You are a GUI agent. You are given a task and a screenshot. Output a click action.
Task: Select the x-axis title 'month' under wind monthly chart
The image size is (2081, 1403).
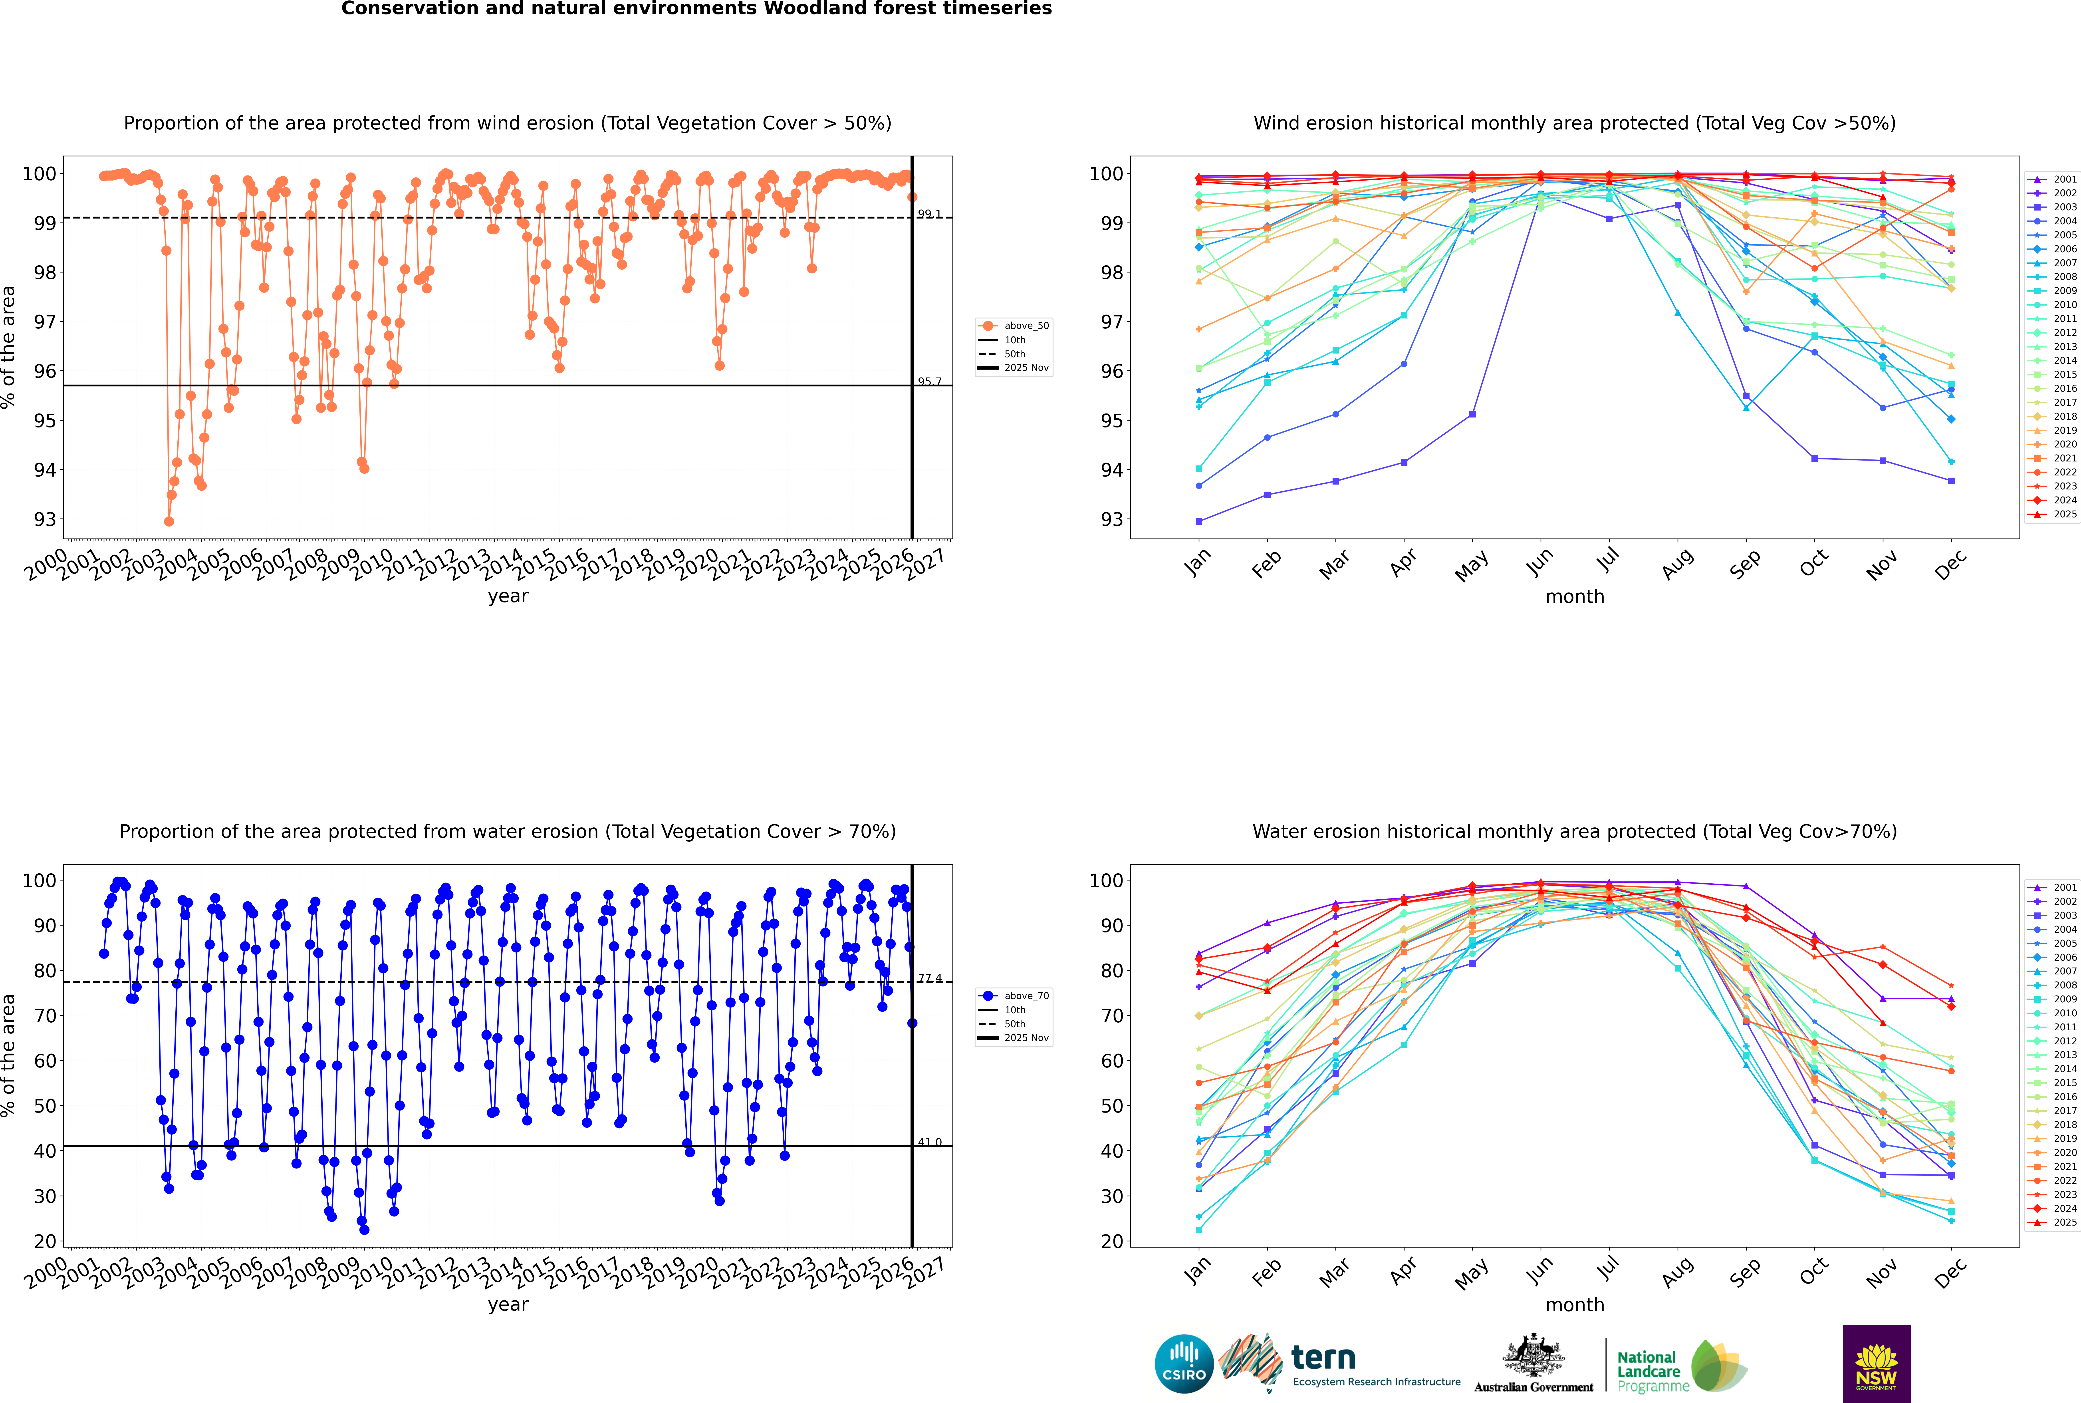click(1575, 597)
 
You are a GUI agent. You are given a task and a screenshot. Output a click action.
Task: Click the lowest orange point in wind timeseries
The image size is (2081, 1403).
click(169, 521)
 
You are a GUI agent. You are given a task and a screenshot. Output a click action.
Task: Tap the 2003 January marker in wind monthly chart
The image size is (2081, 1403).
click(1199, 521)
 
